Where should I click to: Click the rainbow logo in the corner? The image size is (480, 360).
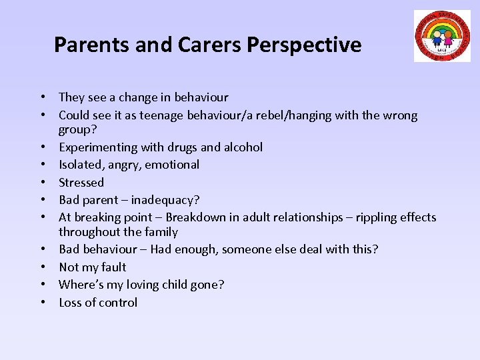[442, 36]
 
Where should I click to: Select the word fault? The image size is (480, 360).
[113, 267]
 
